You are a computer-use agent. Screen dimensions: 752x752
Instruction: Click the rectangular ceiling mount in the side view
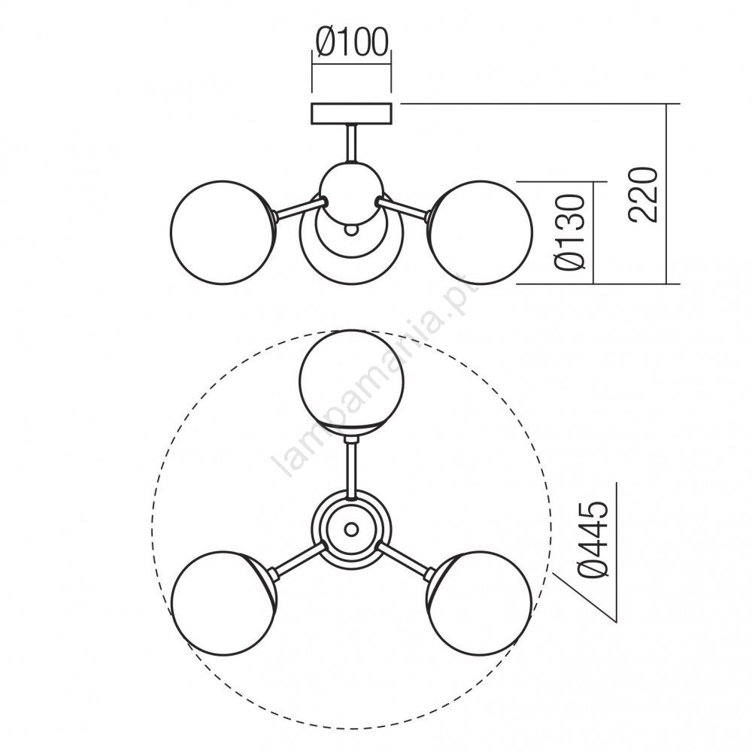352,114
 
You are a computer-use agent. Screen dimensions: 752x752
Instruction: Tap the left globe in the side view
223,232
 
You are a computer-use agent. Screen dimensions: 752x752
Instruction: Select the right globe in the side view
481,232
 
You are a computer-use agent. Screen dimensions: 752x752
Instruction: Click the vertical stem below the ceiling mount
351,144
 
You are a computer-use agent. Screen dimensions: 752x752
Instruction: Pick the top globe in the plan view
351,382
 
